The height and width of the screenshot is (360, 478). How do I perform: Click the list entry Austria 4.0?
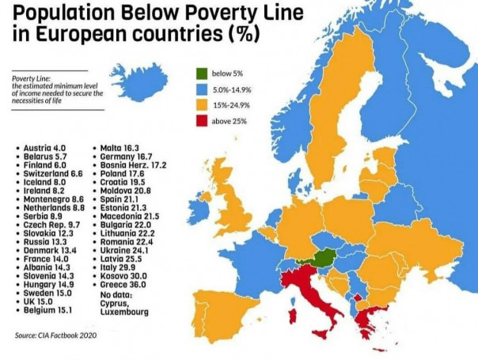coord(46,148)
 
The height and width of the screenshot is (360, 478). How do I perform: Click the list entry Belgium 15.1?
coord(48,312)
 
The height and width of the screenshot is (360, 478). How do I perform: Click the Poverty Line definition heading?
coord(31,78)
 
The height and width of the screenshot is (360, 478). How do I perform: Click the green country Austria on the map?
coord(321,256)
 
